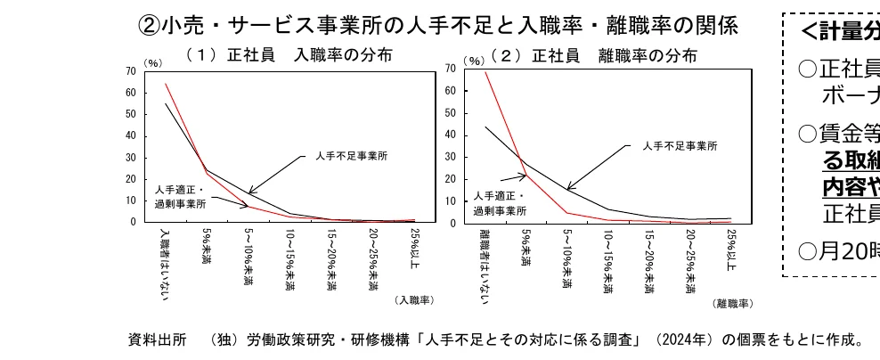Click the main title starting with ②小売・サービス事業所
(438, 25)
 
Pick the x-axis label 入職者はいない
(165, 263)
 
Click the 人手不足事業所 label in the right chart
(680, 145)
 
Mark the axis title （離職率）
(732, 303)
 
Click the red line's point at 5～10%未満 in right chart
(566, 212)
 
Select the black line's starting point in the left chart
(166, 103)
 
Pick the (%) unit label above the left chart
(153, 62)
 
